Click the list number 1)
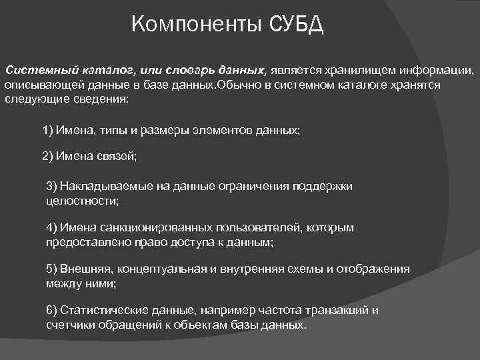[x=49, y=130]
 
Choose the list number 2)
[x=49, y=157]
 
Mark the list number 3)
[x=53, y=186]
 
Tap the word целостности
[x=82, y=200]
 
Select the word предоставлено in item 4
[x=82, y=243]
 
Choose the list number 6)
[x=53, y=311]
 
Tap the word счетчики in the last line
[x=68, y=325]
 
